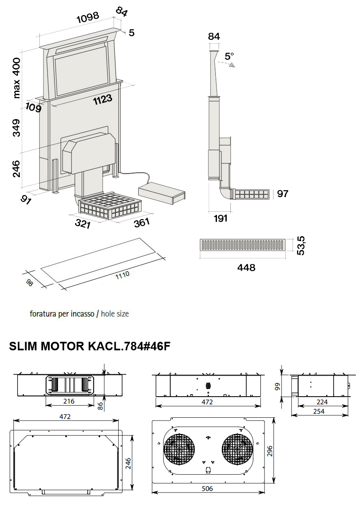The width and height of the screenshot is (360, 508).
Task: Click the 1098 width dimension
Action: pos(88,17)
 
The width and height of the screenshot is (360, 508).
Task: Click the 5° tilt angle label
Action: pos(230,56)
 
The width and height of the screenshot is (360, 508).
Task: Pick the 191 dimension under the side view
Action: pos(220,218)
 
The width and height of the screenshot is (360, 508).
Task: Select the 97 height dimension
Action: pos(282,194)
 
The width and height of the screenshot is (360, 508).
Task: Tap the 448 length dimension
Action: pos(246,267)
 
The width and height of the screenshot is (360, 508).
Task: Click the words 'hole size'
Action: pos(115,314)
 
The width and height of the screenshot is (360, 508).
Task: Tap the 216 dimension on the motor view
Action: pos(69,401)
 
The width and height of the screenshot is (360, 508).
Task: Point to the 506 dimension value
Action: pos(207,488)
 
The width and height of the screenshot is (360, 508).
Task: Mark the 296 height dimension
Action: pos(271,451)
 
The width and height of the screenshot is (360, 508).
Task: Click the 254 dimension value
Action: pos(319,411)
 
